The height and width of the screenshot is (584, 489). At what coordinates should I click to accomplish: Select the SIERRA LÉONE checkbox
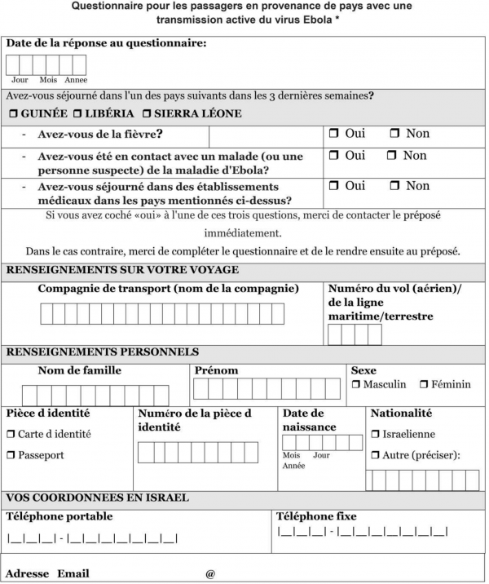[x=147, y=113]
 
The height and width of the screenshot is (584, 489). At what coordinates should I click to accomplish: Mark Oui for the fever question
[x=334, y=134]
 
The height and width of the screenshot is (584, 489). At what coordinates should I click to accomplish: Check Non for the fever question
[x=394, y=134]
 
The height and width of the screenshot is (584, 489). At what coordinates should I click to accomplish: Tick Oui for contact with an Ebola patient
[x=334, y=155]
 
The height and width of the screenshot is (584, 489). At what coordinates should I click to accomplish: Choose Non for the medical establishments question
[x=394, y=186]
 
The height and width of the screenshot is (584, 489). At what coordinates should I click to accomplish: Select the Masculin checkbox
[x=356, y=384]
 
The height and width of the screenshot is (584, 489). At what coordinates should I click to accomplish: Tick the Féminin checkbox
[x=425, y=384]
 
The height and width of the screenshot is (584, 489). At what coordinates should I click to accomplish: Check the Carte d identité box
[x=11, y=435]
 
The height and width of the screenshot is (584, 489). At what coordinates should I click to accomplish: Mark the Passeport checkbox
[x=11, y=455]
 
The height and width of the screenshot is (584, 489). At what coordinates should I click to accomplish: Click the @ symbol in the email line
[x=210, y=573]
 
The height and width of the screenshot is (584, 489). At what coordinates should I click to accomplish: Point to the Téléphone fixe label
[x=316, y=516]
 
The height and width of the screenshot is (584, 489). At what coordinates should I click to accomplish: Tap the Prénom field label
[x=217, y=370]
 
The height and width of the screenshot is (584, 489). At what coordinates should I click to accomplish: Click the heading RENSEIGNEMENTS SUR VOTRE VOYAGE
[x=122, y=270]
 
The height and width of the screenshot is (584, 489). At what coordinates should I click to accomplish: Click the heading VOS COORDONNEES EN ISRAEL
[x=98, y=498]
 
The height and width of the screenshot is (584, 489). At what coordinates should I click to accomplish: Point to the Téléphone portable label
[x=59, y=516]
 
